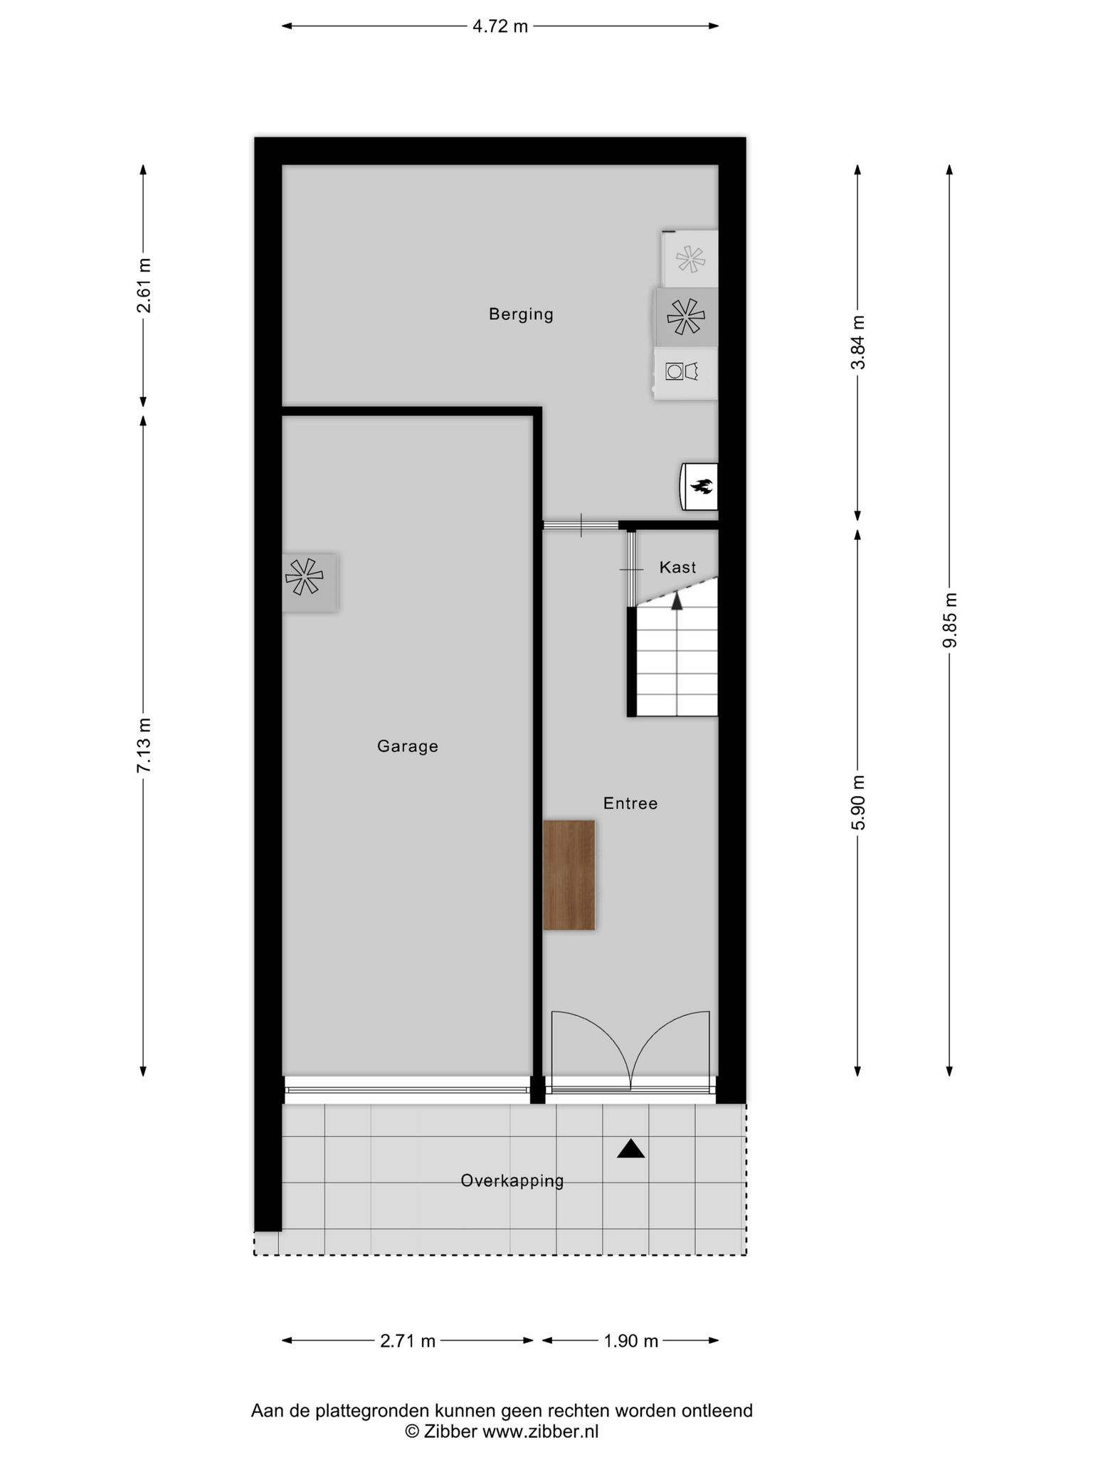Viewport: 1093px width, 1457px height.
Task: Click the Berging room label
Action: point(521,314)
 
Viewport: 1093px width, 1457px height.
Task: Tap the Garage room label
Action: point(408,746)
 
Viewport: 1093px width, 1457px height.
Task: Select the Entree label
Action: point(630,803)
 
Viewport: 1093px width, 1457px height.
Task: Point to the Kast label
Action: point(677,567)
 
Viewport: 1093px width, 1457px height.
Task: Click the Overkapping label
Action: point(512,1181)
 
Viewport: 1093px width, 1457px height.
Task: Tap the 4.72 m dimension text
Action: point(500,27)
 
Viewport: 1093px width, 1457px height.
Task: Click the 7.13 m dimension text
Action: point(144,745)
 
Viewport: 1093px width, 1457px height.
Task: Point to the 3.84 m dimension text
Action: point(859,342)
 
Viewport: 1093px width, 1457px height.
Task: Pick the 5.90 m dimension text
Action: point(859,802)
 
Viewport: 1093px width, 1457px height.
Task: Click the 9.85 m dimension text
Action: point(950,620)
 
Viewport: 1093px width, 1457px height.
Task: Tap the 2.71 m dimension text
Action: point(408,1341)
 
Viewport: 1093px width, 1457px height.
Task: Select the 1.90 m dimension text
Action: point(631,1341)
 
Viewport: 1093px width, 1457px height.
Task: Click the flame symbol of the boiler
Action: point(702,487)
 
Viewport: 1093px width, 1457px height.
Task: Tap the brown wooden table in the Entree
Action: point(569,875)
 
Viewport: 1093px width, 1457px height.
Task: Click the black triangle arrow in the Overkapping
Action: point(630,1149)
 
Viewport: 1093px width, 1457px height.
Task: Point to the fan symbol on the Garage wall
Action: point(305,576)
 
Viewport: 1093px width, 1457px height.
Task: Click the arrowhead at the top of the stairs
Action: point(677,601)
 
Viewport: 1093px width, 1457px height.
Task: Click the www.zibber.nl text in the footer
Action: point(541,1431)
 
